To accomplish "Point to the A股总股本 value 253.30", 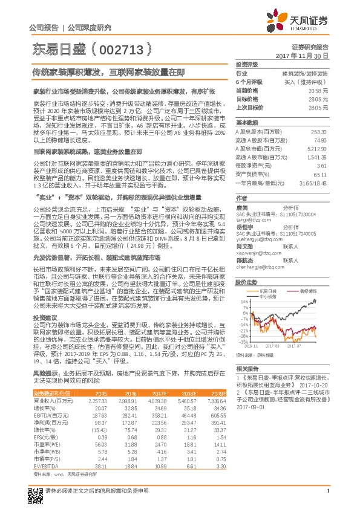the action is tap(318, 131).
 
